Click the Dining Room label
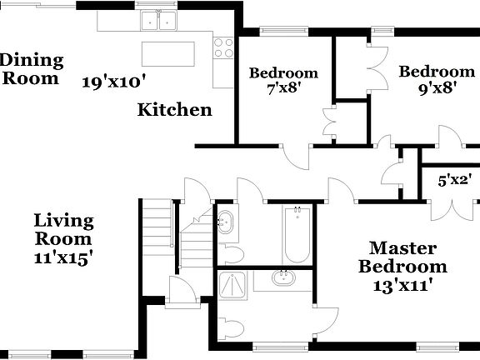pos(32,68)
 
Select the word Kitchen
pos(174,109)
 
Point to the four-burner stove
pos(222,48)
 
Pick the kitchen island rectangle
pos(173,52)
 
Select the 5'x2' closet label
pos(456,177)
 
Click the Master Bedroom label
pos(402,257)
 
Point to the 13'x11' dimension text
pos(402,285)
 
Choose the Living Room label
pos(63,229)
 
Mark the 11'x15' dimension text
pos(63,257)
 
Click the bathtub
pos(297,234)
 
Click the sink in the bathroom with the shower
pos(283,277)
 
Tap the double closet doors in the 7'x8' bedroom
pos(327,122)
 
